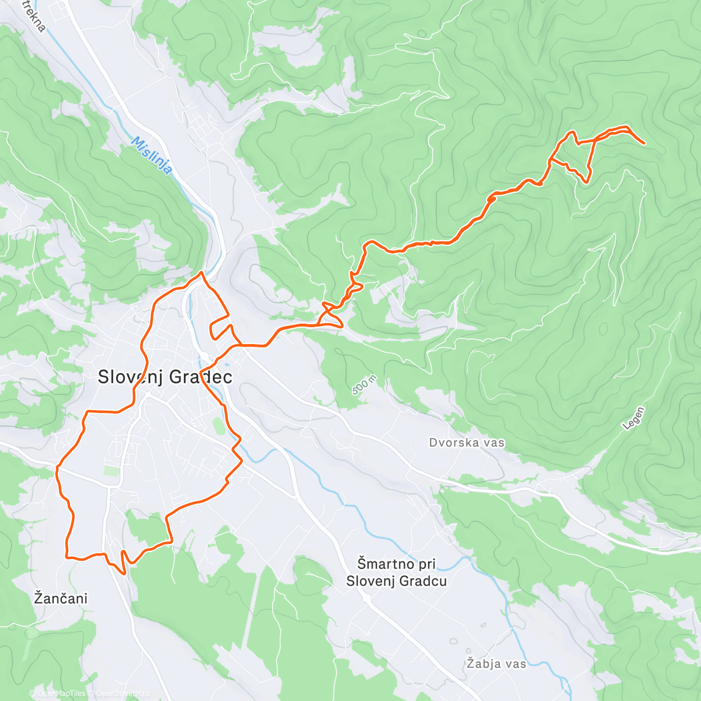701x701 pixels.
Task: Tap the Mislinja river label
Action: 151,155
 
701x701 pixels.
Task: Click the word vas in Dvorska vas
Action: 494,442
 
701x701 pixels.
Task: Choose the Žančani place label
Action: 61,598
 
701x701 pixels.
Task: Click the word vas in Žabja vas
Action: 516,664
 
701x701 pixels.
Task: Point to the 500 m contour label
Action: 364,386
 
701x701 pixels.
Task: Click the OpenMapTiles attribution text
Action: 61,694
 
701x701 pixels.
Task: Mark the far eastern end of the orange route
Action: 644,143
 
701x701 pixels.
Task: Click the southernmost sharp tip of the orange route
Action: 124,574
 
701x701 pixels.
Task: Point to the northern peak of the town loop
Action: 202,272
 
